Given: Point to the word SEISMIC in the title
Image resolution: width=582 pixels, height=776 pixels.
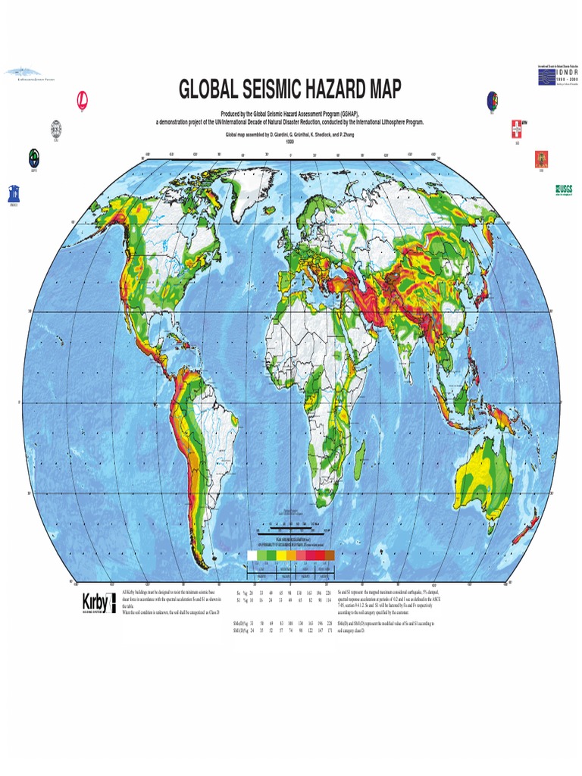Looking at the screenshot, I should point(286,91).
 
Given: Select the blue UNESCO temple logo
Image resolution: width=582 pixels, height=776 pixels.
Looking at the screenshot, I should point(14,192).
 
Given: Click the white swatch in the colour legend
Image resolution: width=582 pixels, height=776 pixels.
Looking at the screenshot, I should point(253,556).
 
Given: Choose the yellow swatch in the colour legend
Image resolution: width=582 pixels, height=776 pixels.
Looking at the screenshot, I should point(281,556).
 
